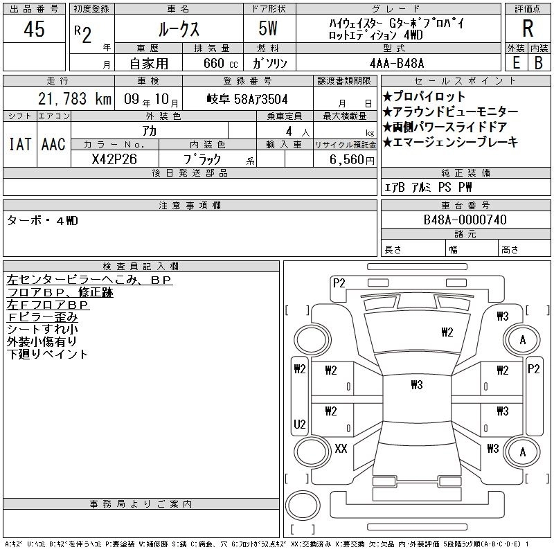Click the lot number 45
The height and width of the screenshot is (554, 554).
coord(34,29)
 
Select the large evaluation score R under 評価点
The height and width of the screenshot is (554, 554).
coord(528,29)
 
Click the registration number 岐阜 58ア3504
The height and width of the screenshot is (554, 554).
coord(247,99)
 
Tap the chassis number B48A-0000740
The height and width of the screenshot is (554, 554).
coord(465,220)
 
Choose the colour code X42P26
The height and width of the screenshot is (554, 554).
coord(114,159)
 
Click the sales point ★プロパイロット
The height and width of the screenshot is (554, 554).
coord(424,96)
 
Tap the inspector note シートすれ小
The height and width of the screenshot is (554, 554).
coord(42,329)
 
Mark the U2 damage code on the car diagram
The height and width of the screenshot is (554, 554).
coord(300,424)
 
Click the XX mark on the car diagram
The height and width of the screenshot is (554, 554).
coord(341,448)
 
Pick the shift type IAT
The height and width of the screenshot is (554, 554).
coord(19,144)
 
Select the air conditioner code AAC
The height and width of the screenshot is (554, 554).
coord(53,144)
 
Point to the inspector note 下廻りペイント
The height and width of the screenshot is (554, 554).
coord(48,354)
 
